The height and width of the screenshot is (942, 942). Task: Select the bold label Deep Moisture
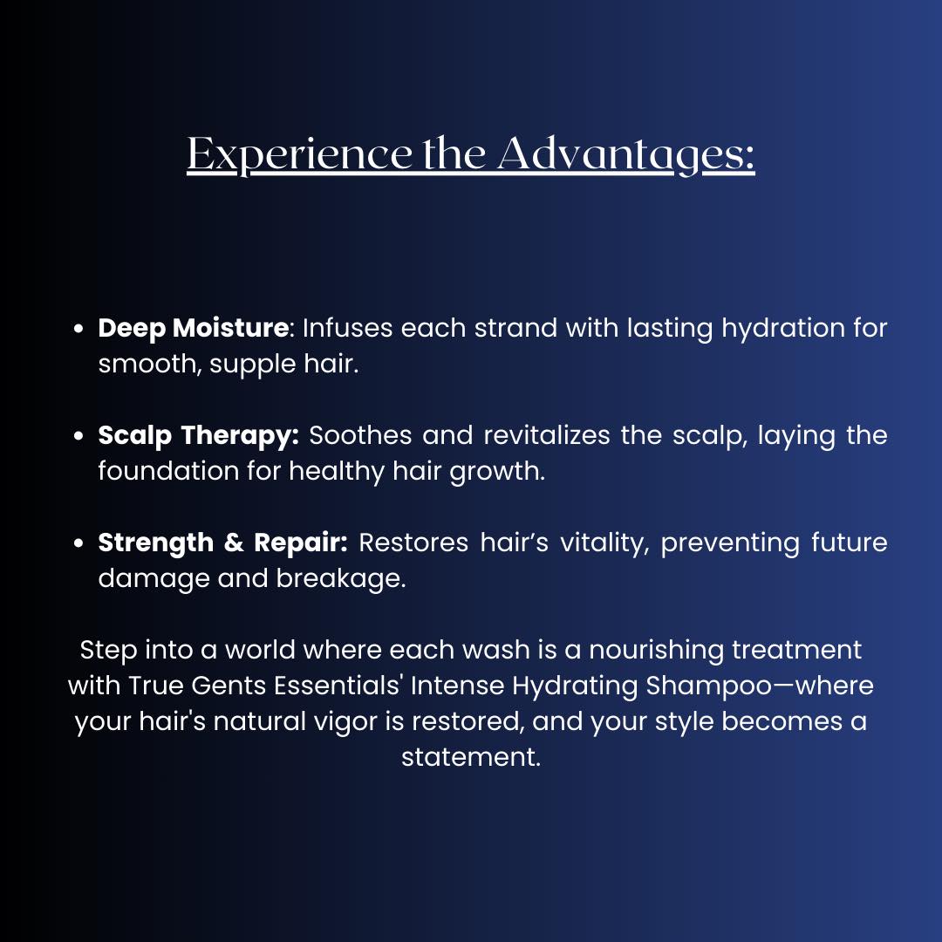193,328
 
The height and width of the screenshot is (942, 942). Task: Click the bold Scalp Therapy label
198,435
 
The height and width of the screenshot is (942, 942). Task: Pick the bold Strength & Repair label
222,543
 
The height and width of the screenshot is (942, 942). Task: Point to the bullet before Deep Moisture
79,330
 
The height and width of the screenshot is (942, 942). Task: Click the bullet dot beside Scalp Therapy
79,436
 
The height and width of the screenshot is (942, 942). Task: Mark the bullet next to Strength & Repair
79,543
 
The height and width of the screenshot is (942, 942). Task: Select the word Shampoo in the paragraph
707,686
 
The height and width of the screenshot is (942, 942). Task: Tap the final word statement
471,757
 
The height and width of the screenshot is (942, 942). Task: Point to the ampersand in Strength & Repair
233,543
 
